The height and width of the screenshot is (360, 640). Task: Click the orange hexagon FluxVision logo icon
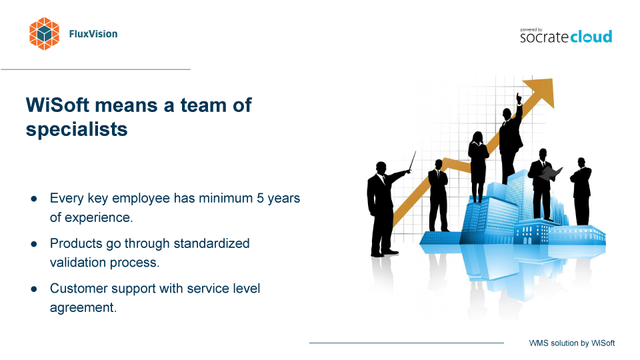(44, 34)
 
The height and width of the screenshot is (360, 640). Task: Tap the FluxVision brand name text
(93, 34)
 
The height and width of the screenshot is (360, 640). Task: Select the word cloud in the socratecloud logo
(591, 36)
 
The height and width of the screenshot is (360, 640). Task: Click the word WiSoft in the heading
(57, 105)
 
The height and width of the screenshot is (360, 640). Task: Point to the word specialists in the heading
(77, 129)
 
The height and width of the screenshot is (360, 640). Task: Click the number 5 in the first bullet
(260, 198)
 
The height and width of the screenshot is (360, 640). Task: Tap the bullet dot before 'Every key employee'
(34, 199)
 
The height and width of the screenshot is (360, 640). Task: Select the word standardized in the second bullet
(211, 243)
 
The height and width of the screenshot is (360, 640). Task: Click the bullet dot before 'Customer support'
(34, 289)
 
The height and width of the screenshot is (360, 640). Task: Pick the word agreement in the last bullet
(83, 307)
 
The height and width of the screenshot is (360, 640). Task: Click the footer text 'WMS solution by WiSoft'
(571, 343)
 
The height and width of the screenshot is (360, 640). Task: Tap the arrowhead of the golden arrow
(541, 91)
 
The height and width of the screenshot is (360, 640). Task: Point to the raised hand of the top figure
(519, 99)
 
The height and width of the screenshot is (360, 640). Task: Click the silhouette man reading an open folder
(543, 185)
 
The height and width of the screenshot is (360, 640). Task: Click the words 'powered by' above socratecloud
(531, 30)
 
